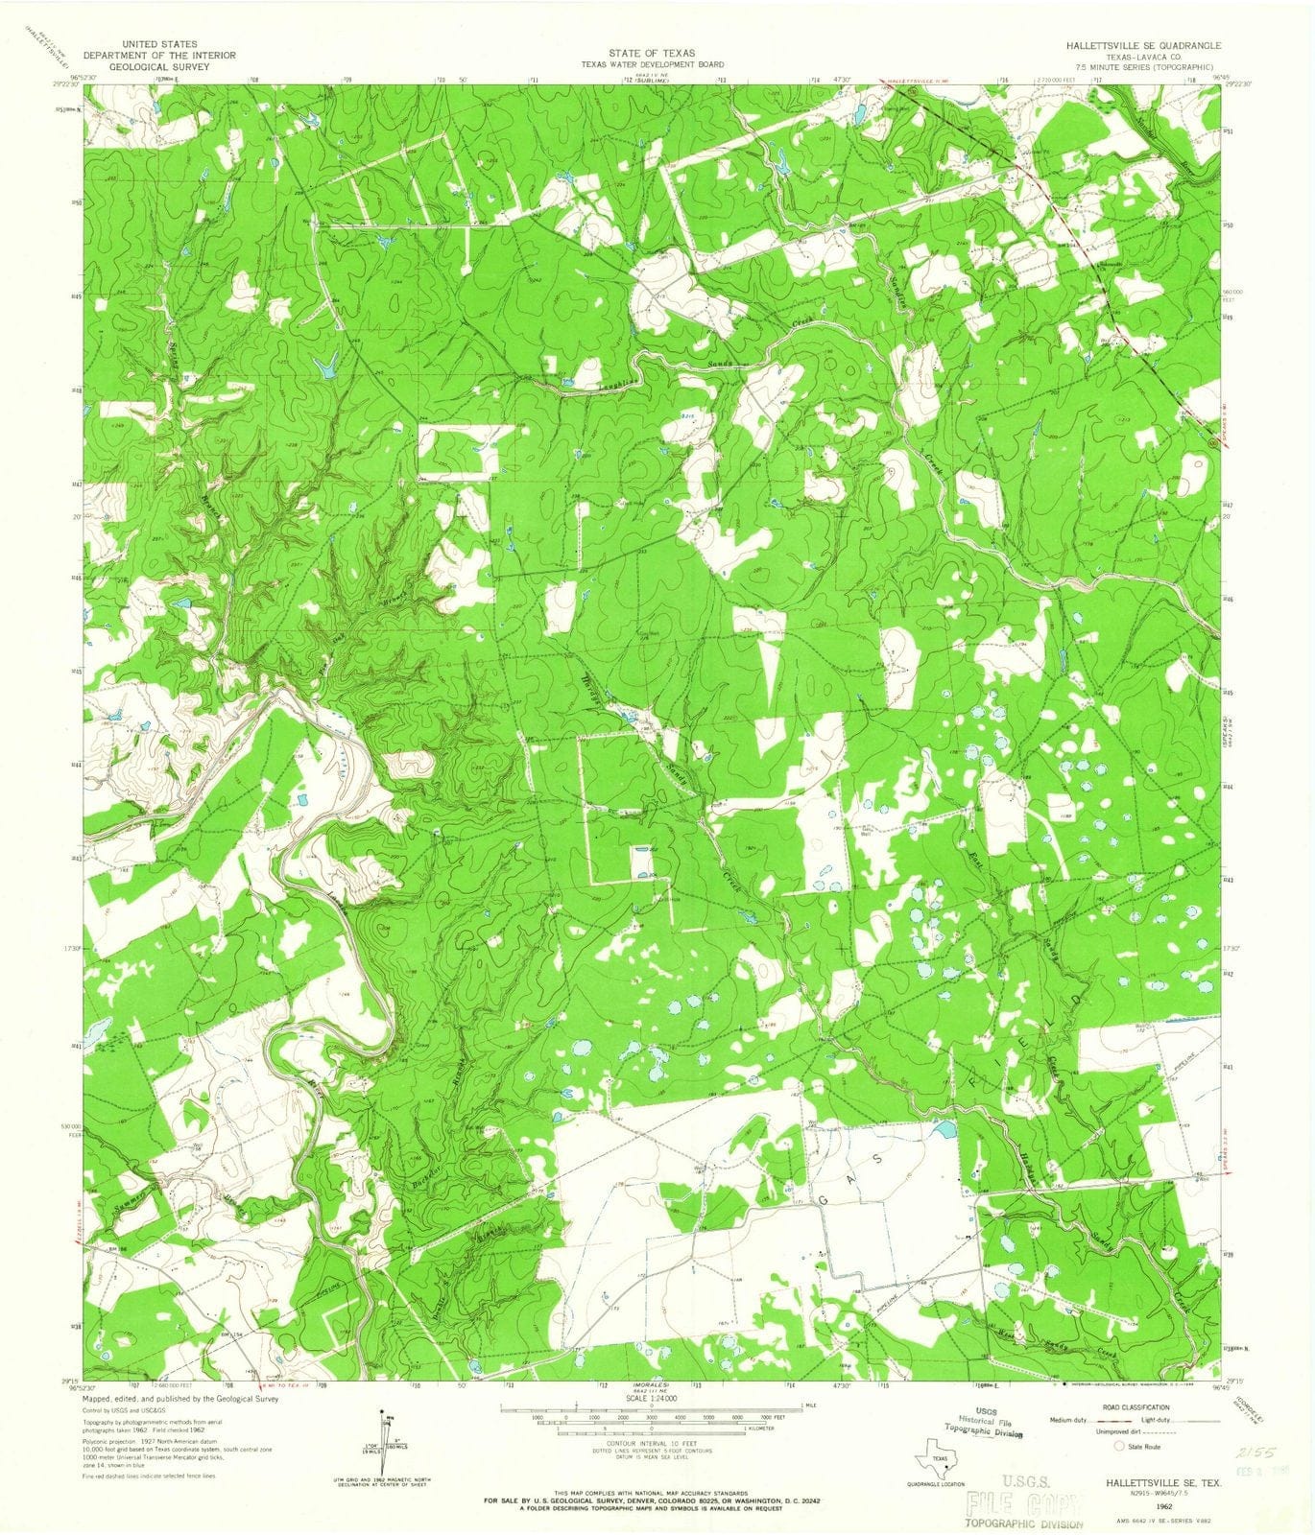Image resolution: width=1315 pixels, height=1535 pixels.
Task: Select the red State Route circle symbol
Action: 1116,1445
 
